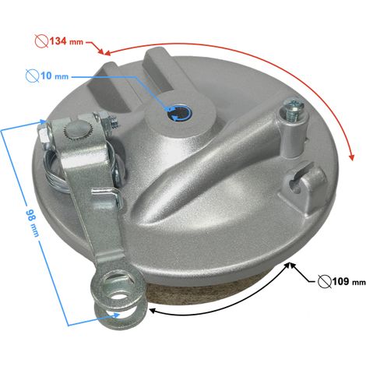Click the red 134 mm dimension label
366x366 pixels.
(x=66, y=41)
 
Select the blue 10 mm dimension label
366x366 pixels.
(x=55, y=76)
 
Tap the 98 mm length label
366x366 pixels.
(x=32, y=219)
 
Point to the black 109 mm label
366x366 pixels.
(x=349, y=281)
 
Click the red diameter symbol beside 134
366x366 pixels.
(x=41, y=41)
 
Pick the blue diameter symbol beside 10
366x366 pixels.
(x=33, y=76)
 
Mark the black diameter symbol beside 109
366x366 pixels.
(x=325, y=282)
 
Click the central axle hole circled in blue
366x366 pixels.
(x=179, y=113)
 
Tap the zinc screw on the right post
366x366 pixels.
(x=293, y=109)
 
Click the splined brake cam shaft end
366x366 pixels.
(x=74, y=130)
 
